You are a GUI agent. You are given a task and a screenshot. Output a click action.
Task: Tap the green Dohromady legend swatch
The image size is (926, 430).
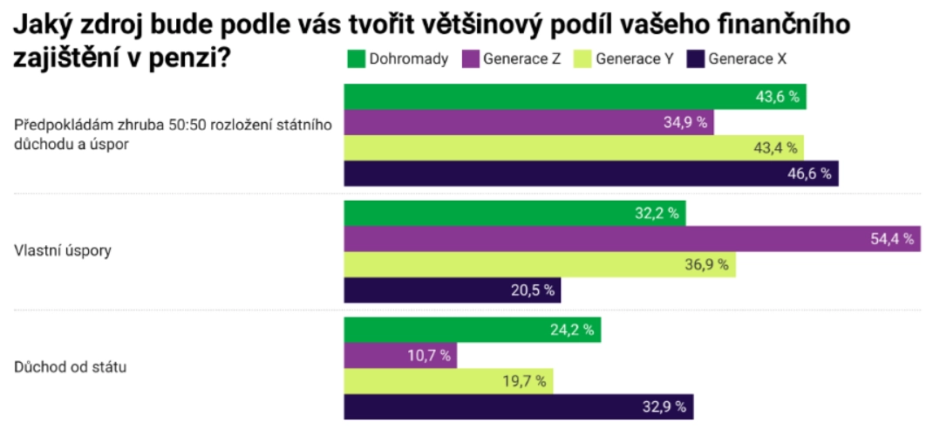point(356,59)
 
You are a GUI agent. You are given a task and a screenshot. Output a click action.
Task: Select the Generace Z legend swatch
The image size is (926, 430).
point(469,59)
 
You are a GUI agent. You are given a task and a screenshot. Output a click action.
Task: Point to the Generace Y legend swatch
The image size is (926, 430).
point(582,59)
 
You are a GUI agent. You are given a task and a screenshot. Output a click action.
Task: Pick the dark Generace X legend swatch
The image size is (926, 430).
point(696,59)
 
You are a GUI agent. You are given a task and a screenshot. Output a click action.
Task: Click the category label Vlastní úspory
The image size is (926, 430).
point(63,251)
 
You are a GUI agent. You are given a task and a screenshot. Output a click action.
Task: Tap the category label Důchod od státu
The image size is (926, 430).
point(71,367)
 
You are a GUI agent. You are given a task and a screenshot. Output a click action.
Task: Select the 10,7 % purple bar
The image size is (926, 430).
point(400,355)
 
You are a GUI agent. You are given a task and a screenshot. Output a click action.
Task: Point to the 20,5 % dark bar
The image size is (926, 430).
point(453,290)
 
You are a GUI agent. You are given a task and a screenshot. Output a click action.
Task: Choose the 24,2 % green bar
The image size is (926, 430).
point(472,330)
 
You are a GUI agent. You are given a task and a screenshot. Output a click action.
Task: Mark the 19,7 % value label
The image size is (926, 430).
point(526,380)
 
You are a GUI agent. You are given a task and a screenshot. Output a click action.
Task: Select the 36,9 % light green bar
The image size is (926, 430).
point(540,264)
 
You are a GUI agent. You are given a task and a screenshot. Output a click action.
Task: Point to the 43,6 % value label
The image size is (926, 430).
point(778,97)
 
